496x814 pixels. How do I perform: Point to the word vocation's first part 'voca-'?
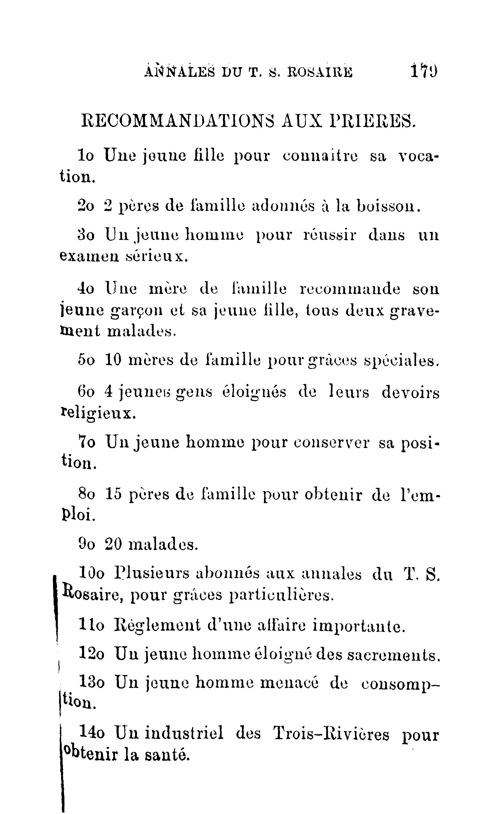[x=418, y=156]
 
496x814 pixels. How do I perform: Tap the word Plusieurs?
[x=152, y=574]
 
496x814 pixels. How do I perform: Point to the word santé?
[x=167, y=754]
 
